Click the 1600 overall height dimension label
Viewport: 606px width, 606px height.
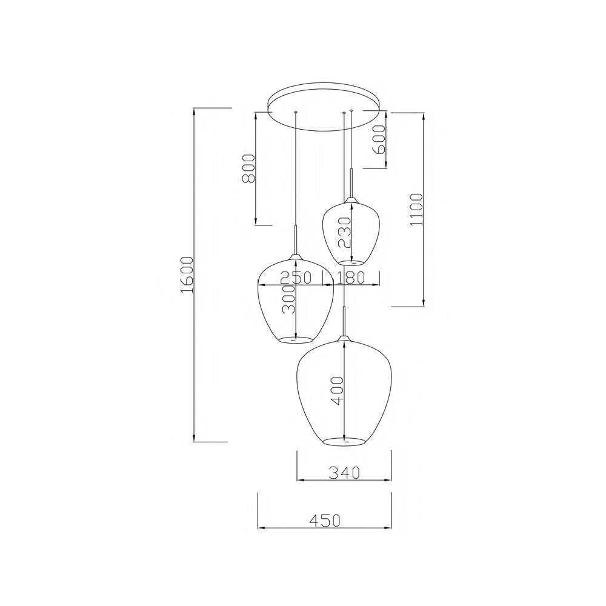point(187,275)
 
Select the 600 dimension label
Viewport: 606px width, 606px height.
point(380,139)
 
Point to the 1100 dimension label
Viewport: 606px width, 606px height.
point(418,210)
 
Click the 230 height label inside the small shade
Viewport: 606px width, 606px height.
point(344,232)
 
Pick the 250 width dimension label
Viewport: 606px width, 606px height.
point(296,278)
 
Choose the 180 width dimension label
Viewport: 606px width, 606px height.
point(350,278)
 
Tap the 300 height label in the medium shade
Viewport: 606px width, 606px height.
point(288,299)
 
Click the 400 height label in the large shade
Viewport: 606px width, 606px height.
point(338,391)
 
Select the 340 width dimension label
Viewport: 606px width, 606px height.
point(344,472)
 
